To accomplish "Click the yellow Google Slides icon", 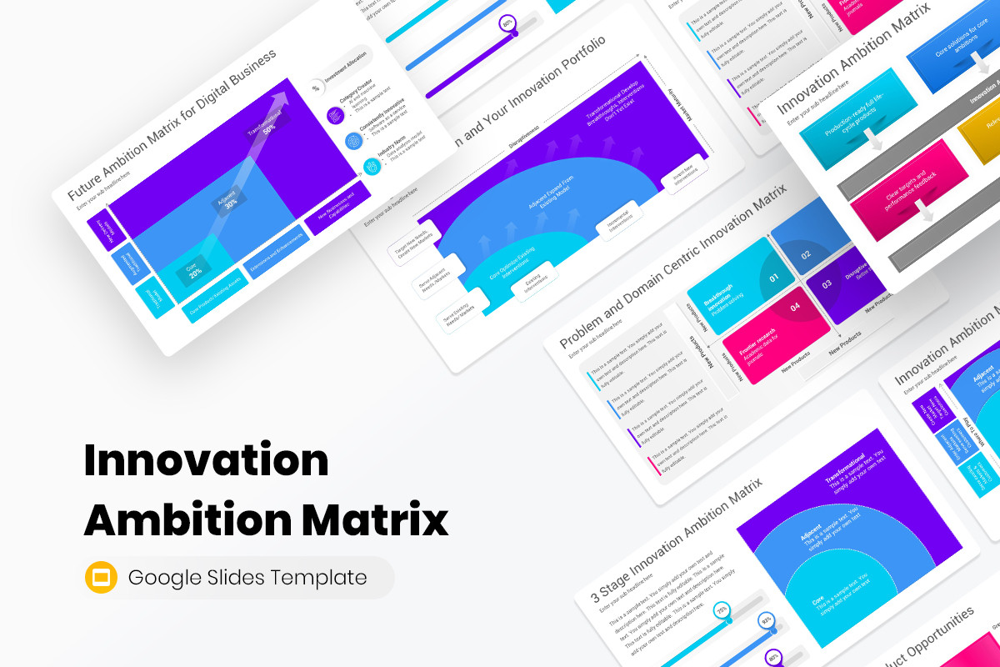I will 101,577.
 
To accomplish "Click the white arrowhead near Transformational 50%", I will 283,99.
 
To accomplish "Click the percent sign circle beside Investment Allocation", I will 316,87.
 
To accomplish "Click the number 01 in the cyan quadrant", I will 773,278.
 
